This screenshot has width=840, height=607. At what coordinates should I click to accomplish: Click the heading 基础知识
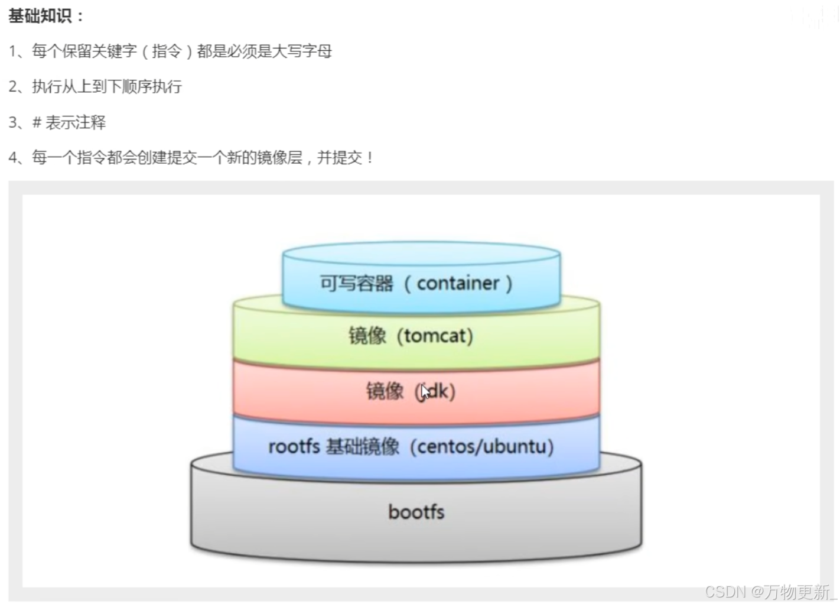point(40,17)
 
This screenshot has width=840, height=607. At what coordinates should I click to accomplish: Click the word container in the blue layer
point(458,283)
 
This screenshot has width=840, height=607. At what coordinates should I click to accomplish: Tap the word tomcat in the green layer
point(435,336)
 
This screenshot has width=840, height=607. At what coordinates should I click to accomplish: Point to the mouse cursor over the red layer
point(425,392)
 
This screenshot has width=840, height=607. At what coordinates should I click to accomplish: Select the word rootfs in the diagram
point(294,446)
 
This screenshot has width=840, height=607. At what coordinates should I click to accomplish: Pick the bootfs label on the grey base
point(416,512)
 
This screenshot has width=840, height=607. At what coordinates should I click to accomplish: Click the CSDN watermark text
point(725,592)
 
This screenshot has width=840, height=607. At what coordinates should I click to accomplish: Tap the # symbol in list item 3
point(37,122)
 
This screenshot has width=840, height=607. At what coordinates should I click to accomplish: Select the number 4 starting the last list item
point(13,158)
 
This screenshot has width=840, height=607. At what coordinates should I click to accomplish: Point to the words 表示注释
point(76,122)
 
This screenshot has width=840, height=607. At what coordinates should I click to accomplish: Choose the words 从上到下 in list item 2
point(84,87)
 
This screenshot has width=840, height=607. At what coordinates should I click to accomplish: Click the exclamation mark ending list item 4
point(370,158)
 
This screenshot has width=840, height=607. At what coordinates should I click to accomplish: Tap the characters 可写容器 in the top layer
point(356,284)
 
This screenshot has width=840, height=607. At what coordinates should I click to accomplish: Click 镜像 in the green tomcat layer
point(367,336)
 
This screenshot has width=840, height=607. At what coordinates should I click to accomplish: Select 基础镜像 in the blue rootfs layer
point(362,446)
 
